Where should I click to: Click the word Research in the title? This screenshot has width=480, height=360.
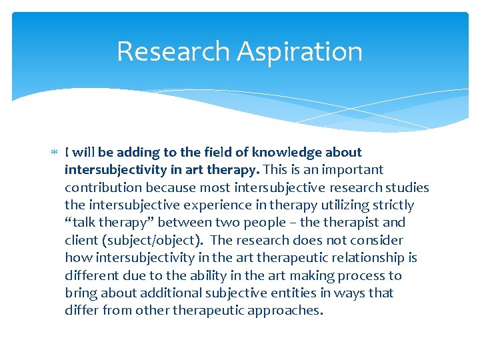coord(171,52)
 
